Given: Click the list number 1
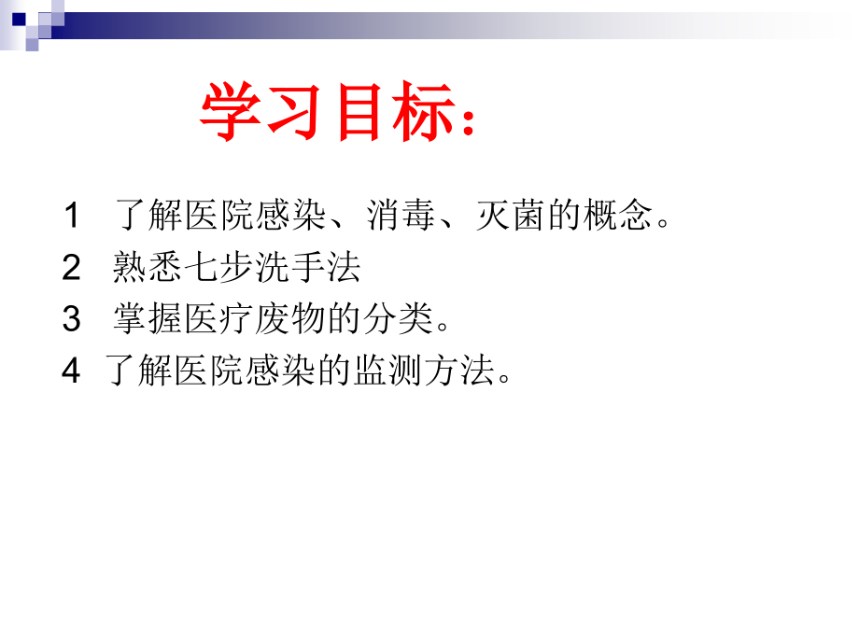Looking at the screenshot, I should tap(71, 217).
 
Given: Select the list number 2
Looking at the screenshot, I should tap(72, 269).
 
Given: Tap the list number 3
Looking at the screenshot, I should tap(72, 320).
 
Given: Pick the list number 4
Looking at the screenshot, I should tap(72, 371).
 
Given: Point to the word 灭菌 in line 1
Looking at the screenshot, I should tap(511, 217).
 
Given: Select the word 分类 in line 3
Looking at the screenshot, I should tap(399, 320).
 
